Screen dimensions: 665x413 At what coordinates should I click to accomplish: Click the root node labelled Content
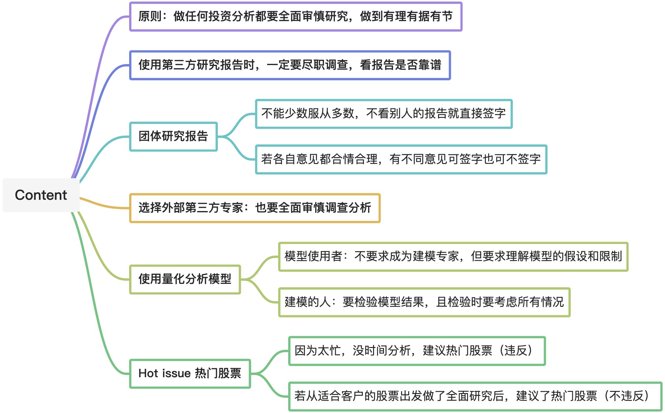point(41,195)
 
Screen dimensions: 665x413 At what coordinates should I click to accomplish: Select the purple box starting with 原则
point(295,16)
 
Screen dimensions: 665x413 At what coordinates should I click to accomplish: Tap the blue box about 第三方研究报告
point(290,65)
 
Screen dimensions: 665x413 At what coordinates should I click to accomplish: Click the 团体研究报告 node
point(173,137)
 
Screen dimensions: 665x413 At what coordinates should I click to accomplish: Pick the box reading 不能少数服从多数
point(383,114)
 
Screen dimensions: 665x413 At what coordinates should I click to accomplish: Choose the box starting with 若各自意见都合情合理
point(401,159)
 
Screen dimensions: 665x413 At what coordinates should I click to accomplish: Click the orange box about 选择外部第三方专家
point(255,208)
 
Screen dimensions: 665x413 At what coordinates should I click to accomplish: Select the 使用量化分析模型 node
point(185,279)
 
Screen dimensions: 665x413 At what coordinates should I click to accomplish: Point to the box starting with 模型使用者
point(453,256)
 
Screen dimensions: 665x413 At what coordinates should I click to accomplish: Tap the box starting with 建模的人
point(424,302)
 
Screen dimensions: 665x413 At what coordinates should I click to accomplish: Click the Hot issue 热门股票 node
point(190,373)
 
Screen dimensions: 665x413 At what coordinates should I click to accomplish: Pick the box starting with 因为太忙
point(417,351)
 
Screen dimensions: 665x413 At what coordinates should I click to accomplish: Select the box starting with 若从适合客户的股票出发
point(475,396)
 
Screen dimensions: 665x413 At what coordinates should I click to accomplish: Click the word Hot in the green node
point(148,373)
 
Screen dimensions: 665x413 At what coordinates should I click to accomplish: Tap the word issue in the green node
point(176,373)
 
